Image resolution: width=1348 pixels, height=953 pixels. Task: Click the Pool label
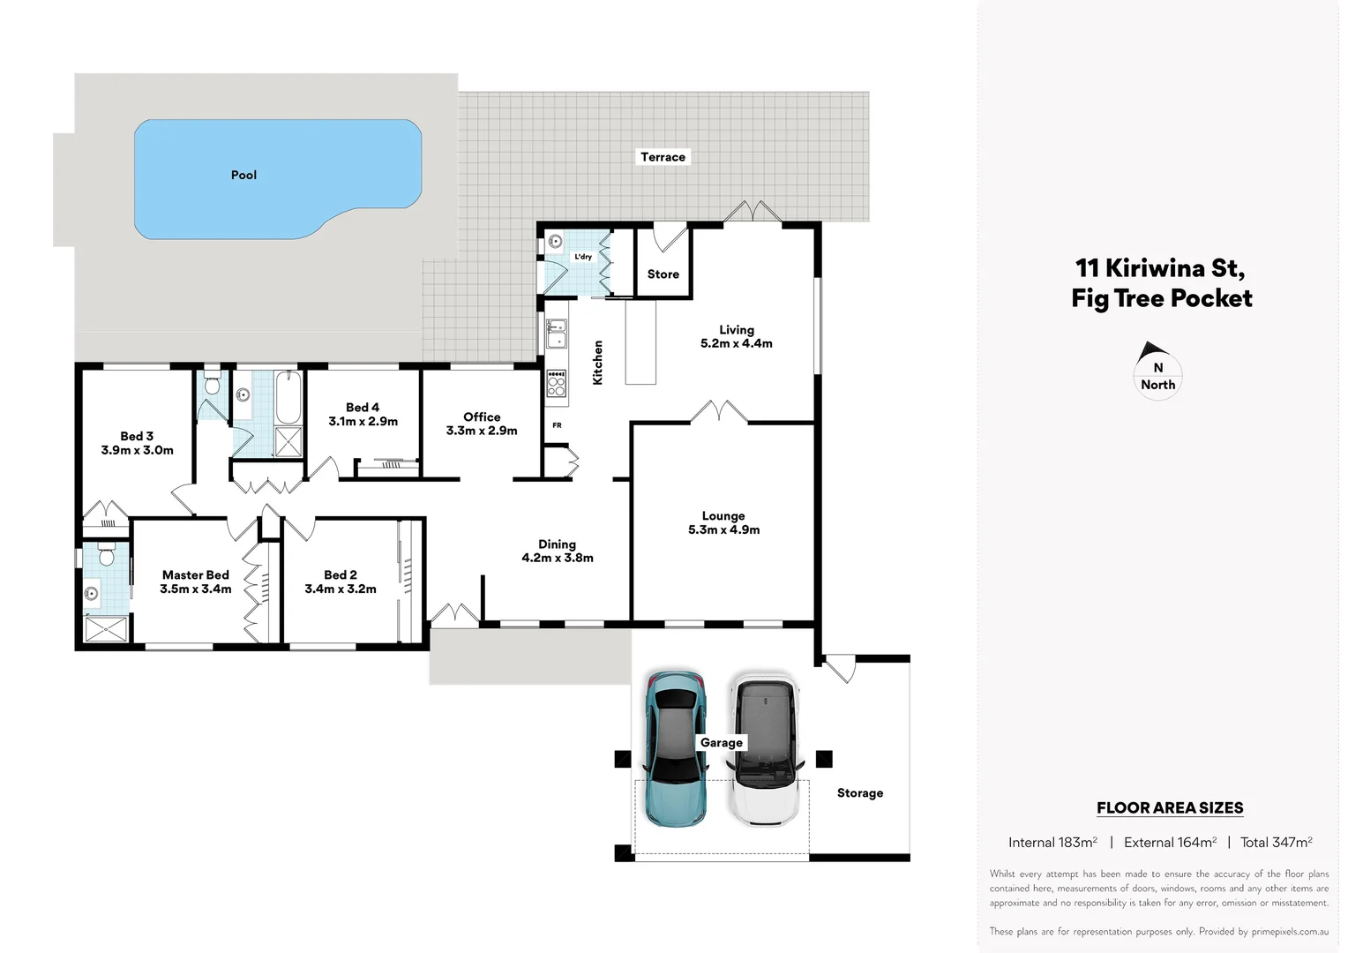[243, 175]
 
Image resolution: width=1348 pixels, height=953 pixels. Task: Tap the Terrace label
[663, 157]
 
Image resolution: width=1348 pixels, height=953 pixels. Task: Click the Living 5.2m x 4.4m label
[736, 336]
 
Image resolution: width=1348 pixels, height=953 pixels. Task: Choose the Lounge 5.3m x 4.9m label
[723, 522]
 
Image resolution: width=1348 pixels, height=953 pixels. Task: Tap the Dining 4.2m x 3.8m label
[557, 551]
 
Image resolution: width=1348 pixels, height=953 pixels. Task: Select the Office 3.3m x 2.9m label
[482, 424]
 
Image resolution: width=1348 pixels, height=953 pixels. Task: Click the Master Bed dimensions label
[195, 589]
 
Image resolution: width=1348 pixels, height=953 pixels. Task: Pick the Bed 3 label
[137, 443]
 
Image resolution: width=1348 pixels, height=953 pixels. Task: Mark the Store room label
[663, 274]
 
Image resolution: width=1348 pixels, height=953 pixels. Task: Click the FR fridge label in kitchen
[557, 425]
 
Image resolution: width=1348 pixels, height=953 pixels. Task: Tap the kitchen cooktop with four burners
[556, 382]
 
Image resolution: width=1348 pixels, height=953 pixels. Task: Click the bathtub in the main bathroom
[288, 398]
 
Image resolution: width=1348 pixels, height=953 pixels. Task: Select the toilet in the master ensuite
[107, 556]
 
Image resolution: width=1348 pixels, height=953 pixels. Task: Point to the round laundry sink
[555, 241]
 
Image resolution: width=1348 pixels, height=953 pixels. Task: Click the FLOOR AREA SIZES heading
[1170, 807]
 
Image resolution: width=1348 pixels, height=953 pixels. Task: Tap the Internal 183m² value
[1052, 843]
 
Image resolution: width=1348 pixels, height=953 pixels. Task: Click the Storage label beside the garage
[859, 793]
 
